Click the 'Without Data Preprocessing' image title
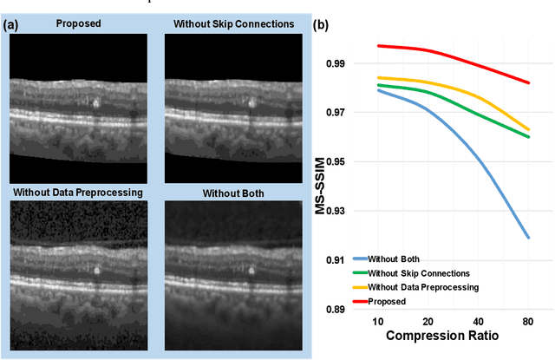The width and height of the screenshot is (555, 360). (79, 190)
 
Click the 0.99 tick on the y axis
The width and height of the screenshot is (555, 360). (333, 63)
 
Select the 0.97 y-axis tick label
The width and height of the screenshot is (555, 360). (333, 113)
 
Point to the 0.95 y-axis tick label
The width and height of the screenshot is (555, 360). (333, 162)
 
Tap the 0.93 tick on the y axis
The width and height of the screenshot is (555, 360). (333, 212)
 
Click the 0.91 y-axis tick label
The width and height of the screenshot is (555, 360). (333, 261)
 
